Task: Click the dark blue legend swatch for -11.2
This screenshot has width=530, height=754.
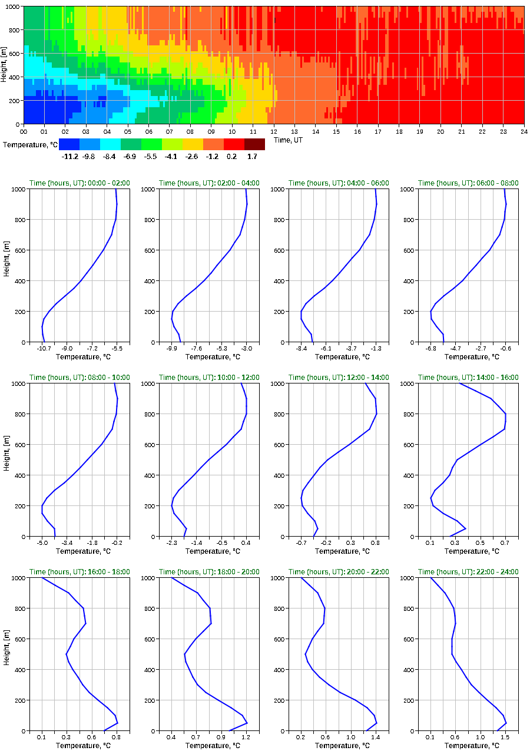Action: point(69,144)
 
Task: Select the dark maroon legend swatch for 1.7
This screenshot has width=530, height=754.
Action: point(254,144)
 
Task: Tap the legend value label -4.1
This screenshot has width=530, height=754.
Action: point(172,156)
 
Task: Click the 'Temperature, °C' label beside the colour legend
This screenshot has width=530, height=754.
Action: point(29,144)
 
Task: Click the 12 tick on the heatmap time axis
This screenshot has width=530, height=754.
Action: point(274,131)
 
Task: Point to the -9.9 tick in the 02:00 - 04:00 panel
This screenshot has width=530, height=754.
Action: point(172,349)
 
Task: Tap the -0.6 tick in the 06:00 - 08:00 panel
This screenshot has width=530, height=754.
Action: point(505,349)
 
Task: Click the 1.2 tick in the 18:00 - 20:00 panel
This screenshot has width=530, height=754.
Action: point(246,738)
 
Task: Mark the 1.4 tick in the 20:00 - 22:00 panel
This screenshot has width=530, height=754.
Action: point(376,738)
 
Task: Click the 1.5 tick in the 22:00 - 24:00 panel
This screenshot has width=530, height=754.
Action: point(505,738)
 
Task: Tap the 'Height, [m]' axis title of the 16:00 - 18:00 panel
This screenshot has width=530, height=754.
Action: point(6,654)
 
